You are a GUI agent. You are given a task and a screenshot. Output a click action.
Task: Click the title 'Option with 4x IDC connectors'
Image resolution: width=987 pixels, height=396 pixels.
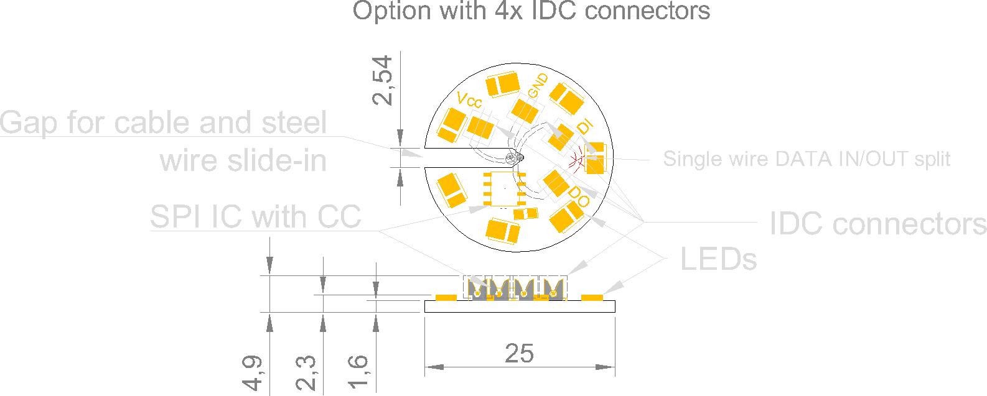(531, 11)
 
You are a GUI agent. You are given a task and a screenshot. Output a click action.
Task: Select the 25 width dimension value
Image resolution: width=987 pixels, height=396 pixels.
(519, 353)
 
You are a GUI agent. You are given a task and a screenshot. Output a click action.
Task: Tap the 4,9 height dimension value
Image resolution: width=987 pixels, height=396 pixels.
(253, 373)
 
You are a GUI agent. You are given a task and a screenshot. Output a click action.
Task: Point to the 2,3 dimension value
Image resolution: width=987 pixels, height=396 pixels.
(306, 373)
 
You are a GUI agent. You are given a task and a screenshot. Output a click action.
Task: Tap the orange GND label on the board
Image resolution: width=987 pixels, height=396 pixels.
(538, 86)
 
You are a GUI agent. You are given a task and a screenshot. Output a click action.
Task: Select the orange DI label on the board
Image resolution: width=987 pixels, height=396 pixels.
(585, 127)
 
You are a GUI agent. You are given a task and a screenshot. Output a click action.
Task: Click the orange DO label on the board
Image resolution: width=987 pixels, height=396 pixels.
(579, 196)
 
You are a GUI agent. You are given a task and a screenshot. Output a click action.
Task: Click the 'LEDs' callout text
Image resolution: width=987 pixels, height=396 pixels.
(718, 259)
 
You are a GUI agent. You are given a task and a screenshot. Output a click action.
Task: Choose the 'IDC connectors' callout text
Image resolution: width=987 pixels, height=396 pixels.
(877, 224)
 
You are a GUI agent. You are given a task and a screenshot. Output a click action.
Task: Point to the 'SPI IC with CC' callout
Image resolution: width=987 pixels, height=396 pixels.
(255, 217)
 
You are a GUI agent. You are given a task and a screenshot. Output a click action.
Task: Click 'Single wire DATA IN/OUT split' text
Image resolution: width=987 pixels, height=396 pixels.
(807, 159)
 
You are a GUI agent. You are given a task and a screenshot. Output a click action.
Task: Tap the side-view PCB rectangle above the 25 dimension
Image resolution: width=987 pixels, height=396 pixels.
(520, 306)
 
